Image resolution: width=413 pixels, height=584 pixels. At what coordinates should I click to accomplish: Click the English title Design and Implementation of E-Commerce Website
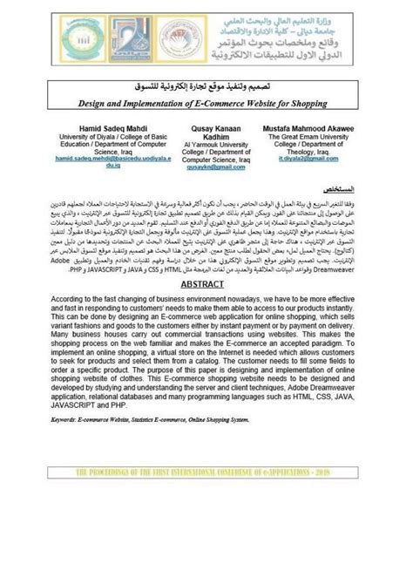[x=206, y=104]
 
